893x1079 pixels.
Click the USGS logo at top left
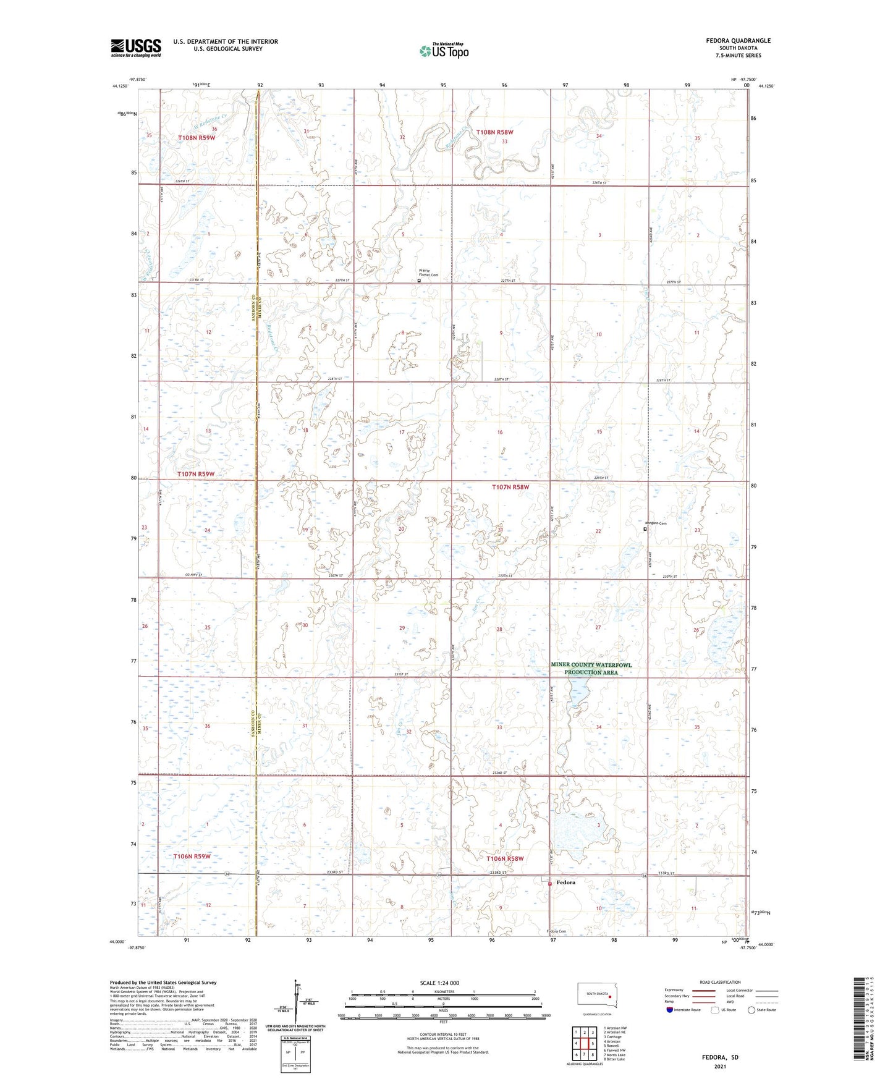click(135, 48)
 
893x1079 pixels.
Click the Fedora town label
click(565, 882)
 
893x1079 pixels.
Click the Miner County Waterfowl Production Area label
click(591, 668)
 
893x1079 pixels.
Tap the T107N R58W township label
click(510, 487)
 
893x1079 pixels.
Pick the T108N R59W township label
click(197, 138)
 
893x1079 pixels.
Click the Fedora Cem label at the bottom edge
click(556, 931)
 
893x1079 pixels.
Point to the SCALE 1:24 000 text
click(439, 983)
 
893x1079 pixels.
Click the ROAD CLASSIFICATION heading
click(720, 982)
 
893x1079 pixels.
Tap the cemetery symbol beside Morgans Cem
click(645, 530)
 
